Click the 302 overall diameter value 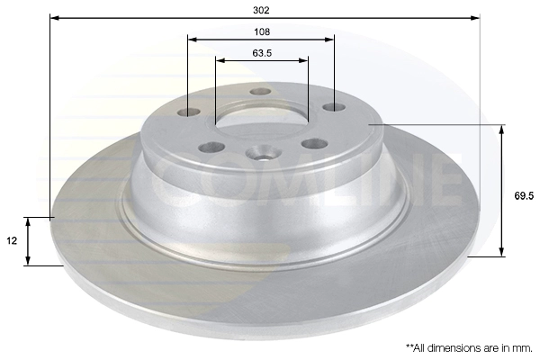click(x=261, y=10)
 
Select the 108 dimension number click(x=262, y=32)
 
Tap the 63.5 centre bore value click(x=262, y=53)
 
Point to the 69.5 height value click(x=524, y=195)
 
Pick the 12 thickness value click(x=12, y=240)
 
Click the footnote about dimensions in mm click(x=469, y=348)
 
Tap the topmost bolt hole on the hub click(x=261, y=92)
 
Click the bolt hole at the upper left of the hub click(x=188, y=112)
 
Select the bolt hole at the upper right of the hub click(x=334, y=107)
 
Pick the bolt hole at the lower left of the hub click(x=211, y=148)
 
